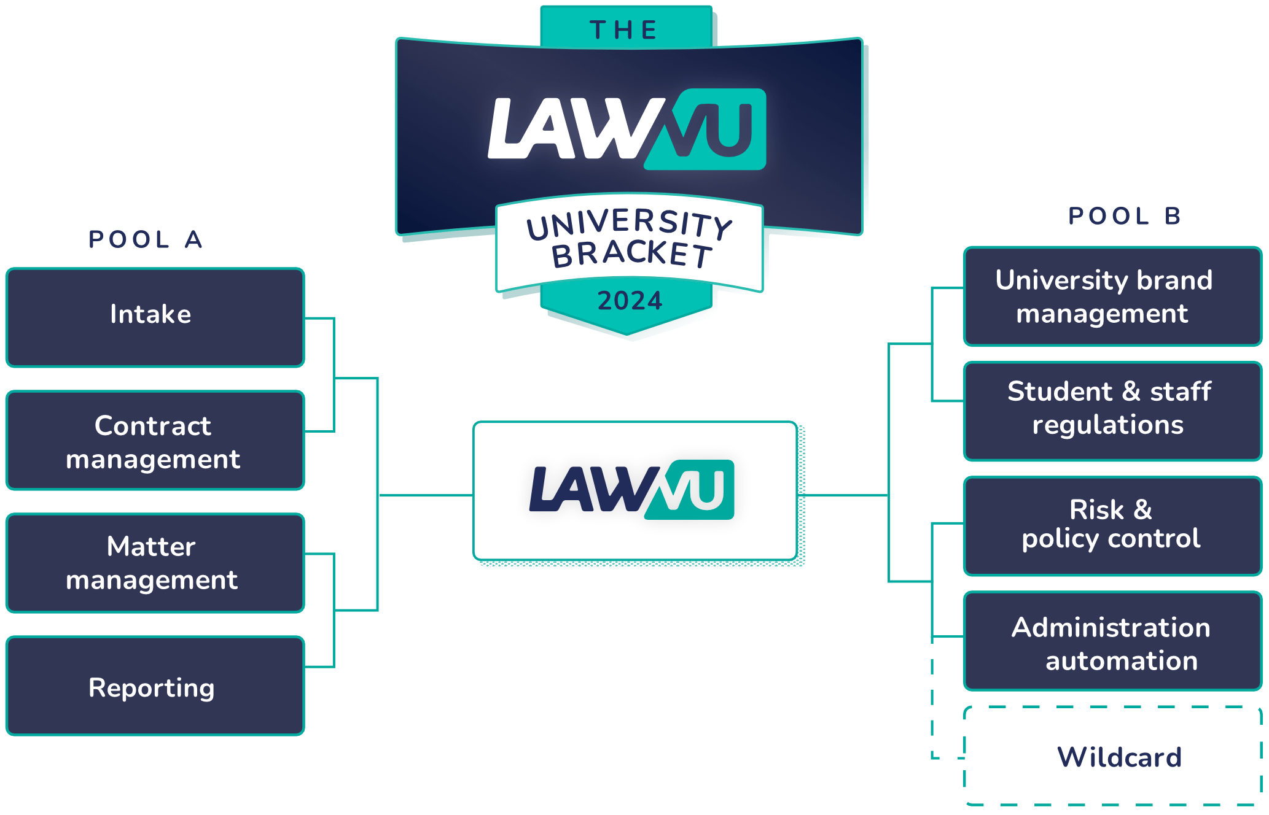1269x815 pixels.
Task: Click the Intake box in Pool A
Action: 155,317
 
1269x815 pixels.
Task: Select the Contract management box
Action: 155,441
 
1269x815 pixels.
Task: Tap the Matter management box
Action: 155,563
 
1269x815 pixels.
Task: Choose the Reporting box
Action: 155,686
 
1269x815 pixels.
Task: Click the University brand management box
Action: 1112,297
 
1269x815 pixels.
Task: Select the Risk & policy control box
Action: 1112,526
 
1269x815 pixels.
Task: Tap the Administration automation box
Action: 1112,641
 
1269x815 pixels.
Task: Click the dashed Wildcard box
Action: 1112,756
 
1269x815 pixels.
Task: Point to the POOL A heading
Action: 146,239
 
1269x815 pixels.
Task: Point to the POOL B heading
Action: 1124,216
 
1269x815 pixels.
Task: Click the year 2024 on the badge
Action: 630,301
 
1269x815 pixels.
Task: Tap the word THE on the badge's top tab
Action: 624,30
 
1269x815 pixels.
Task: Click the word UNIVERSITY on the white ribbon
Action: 630,223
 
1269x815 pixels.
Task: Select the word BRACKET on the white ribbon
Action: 631,254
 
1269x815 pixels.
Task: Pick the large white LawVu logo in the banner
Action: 627,129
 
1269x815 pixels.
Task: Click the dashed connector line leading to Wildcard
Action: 932,706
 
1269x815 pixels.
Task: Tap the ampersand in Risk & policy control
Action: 1142,509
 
